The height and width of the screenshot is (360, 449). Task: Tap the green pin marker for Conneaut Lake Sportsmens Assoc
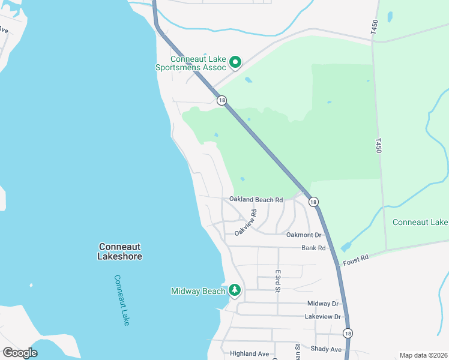pos(235,62)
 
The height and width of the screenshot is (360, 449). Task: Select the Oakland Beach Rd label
pos(256,199)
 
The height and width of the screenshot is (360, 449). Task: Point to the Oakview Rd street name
pos(246,221)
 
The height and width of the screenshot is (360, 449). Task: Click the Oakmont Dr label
pos(304,235)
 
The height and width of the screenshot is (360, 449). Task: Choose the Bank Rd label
pos(313,247)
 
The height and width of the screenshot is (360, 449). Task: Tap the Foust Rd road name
pos(355,259)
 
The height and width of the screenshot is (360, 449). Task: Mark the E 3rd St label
pos(278,281)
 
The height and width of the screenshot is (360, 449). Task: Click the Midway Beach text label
pos(198,292)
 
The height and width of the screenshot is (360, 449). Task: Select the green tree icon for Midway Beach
pos(235,291)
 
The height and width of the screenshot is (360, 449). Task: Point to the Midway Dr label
pos(323,304)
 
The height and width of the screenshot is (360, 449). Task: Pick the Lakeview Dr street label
pos(322,316)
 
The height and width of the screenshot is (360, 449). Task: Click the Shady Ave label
pos(326,349)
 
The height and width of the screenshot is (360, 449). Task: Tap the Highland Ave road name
pos(249,354)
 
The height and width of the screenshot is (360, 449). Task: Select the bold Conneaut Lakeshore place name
pos(120,251)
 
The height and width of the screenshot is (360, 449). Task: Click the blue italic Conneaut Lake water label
pos(122,300)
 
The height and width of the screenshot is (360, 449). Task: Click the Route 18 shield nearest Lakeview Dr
pos(348,332)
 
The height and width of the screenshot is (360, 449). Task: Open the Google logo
pos(20,353)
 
